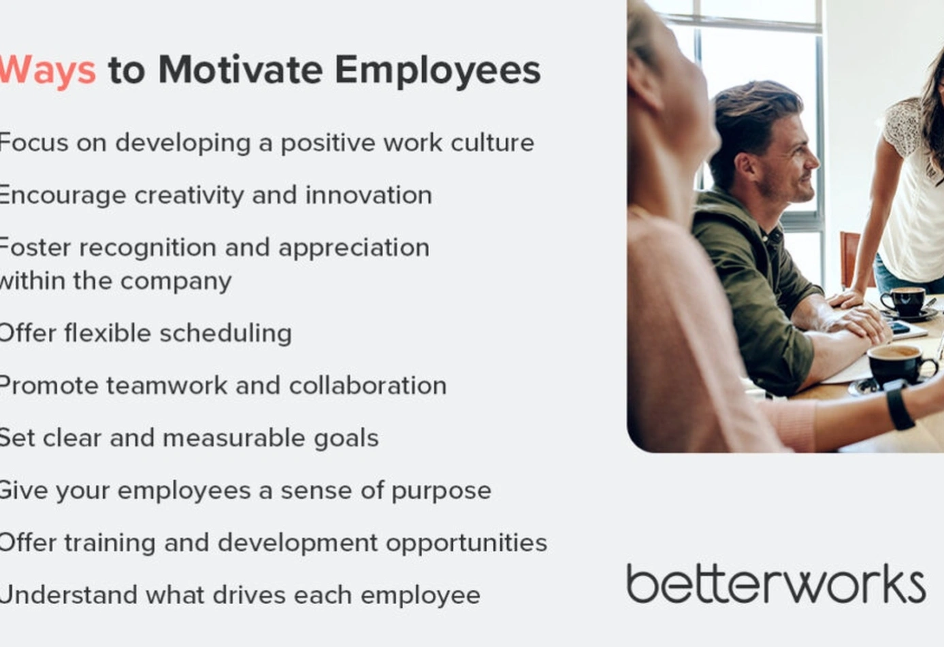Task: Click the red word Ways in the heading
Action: click(x=47, y=70)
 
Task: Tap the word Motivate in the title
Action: click(x=241, y=69)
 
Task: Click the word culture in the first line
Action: click(x=492, y=142)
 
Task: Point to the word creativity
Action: click(x=189, y=195)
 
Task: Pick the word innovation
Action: click(x=369, y=195)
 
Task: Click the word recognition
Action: click(x=148, y=248)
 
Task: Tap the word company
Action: click(x=176, y=282)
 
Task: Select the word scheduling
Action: click(x=225, y=333)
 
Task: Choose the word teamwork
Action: click(x=167, y=386)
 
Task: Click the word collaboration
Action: click(x=368, y=386)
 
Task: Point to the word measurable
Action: click(x=234, y=437)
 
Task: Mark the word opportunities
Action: click(x=466, y=544)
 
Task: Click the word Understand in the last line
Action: click(x=68, y=595)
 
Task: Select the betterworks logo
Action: click(x=776, y=584)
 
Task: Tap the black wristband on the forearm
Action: click(x=900, y=408)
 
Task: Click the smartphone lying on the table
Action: click(x=899, y=327)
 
